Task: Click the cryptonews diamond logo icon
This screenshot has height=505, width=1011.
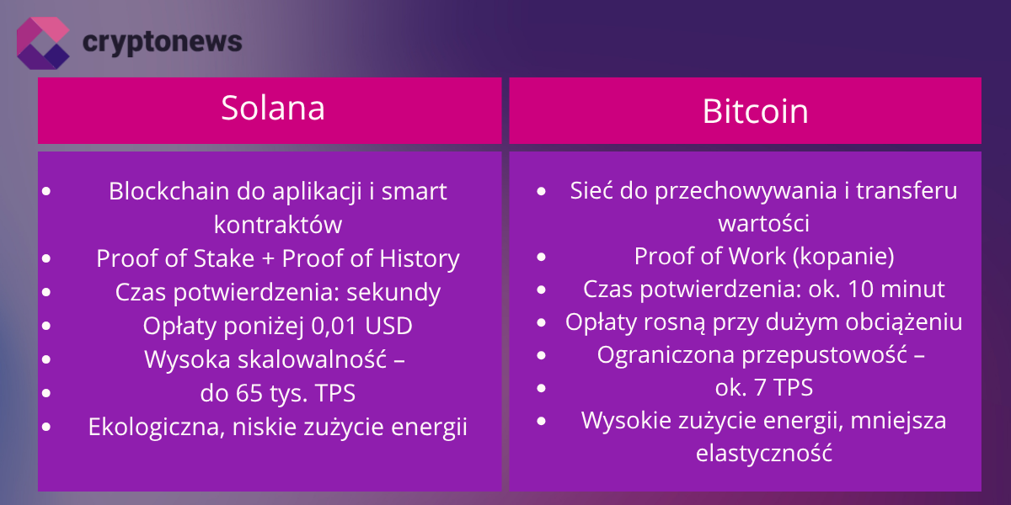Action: (x=43, y=43)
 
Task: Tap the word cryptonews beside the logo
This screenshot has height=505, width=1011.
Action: (x=163, y=42)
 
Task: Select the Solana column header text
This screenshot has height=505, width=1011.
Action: (x=273, y=108)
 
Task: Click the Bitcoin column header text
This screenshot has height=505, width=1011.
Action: (x=755, y=111)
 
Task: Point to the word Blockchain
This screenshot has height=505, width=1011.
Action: (x=169, y=191)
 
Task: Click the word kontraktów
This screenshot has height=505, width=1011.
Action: (x=278, y=225)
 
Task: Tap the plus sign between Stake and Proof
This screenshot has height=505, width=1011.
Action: (x=268, y=259)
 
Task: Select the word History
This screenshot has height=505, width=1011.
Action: (x=420, y=259)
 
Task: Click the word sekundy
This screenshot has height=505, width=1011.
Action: (x=393, y=292)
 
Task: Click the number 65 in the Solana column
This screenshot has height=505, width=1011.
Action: (x=249, y=393)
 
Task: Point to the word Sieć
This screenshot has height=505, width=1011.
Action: (x=591, y=190)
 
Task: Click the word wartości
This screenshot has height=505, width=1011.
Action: (x=763, y=224)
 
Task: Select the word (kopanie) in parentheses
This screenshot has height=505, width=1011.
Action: (x=843, y=257)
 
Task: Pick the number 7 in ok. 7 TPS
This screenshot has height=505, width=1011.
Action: (x=760, y=388)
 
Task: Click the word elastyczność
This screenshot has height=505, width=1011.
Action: (x=763, y=453)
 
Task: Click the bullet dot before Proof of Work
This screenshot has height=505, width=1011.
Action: (x=542, y=257)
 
